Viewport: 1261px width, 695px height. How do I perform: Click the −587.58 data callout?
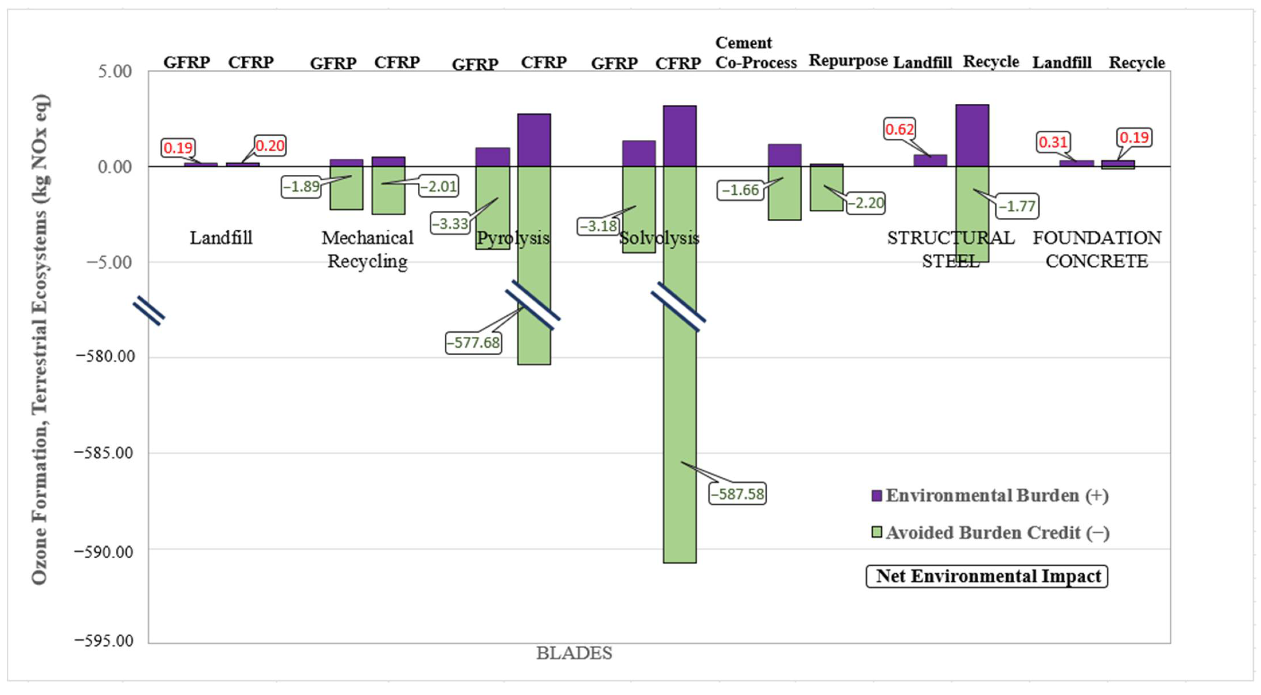coord(737,494)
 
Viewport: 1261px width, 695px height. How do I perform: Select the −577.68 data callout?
coord(473,342)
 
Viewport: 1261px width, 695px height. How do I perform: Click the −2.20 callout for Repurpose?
coord(865,203)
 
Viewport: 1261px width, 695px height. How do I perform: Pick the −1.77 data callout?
coord(1017,206)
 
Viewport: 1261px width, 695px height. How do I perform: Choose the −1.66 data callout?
coord(740,190)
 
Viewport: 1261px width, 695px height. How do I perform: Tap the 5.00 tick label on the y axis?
coord(115,72)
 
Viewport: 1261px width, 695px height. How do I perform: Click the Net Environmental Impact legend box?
coord(987,576)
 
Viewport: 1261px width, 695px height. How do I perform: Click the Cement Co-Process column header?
coord(755,53)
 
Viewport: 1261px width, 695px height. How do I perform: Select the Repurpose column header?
coord(848,61)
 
